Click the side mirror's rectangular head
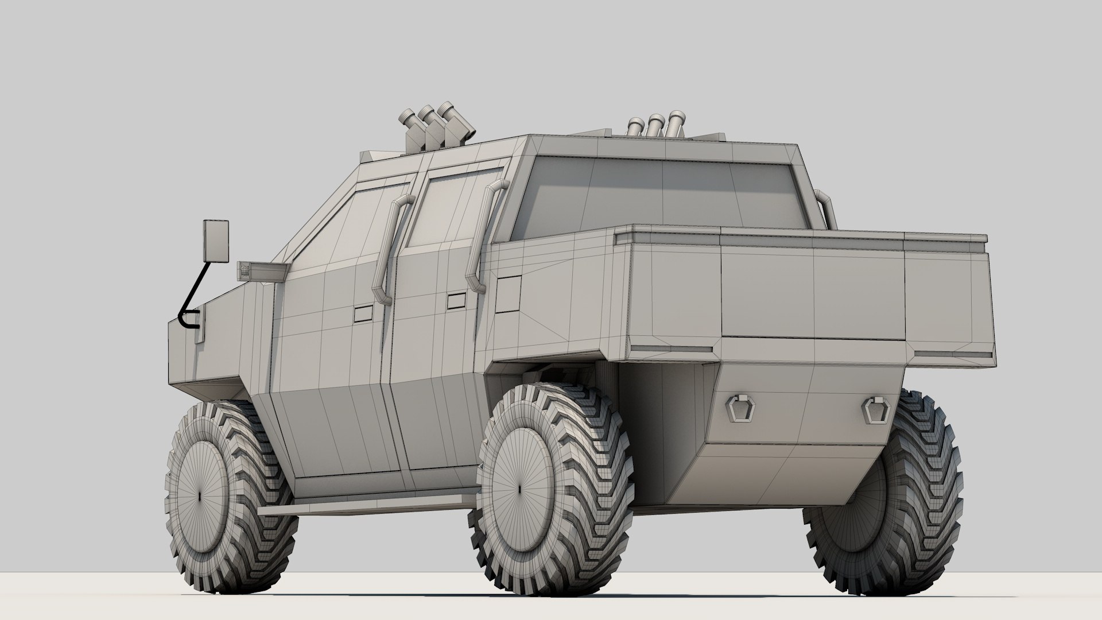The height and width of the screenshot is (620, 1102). [215, 241]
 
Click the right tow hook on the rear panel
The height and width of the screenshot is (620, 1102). [874, 409]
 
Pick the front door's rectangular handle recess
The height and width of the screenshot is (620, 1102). [363, 313]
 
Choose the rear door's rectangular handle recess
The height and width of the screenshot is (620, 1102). [457, 301]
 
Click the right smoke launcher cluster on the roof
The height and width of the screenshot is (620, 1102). [655, 128]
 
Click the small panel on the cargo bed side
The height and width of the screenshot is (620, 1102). [508, 293]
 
